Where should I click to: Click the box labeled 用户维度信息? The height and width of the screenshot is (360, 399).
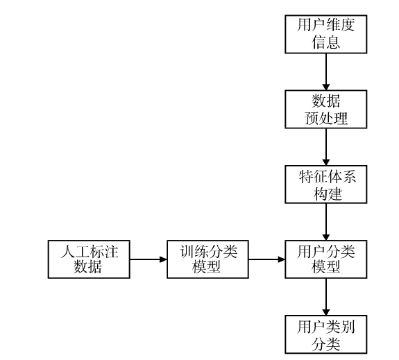(325, 34)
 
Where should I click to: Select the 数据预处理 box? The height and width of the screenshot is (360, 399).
(325, 109)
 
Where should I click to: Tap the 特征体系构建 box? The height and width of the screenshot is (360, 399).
(325, 185)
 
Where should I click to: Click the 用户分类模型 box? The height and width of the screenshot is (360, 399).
(325, 259)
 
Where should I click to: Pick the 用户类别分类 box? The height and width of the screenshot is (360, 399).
(325, 334)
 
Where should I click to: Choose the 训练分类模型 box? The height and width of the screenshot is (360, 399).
(207, 259)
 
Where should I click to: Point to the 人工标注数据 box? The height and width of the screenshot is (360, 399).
(89, 259)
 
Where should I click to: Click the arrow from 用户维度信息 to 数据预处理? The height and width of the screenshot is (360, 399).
(326, 71)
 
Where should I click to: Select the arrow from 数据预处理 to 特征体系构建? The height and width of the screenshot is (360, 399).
(326, 147)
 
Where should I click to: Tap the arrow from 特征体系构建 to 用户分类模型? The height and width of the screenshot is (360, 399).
(326, 222)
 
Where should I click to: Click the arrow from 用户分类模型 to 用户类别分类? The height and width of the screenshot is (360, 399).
(326, 297)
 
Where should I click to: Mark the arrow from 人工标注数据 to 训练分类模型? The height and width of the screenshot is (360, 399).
(148, 259)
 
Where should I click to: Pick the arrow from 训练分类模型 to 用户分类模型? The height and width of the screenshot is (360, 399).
(266, 259)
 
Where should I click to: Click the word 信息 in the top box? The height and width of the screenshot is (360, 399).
(326, 42)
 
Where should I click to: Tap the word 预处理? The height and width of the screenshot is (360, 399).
(326, 118)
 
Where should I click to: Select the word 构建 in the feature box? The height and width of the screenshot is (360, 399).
(328, 194)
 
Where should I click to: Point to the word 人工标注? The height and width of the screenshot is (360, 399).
(90, 251)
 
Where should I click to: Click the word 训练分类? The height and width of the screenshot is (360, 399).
(208, 251)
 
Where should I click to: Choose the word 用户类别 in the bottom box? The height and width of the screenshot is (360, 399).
(326, 327)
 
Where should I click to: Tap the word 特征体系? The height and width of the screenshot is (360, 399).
(328, 176)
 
